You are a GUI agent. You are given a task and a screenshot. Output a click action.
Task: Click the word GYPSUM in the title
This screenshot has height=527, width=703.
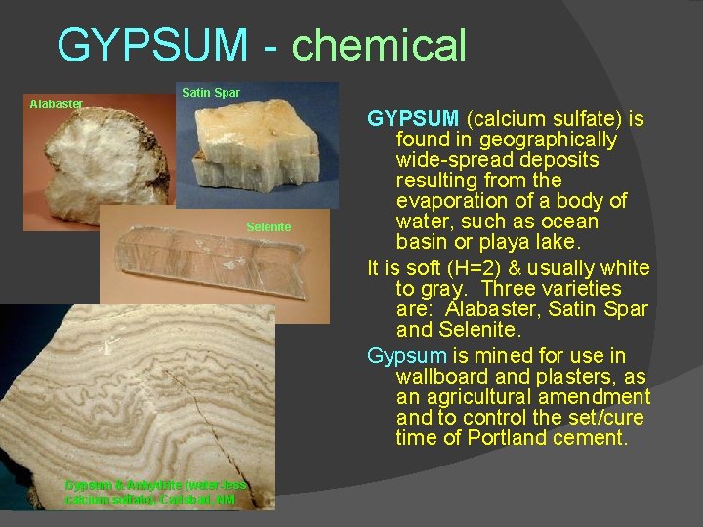pos(153,46)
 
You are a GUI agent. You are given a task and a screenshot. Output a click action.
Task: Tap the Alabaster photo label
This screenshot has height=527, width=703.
pos(57,102)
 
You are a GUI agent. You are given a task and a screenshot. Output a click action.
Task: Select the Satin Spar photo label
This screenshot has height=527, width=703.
pos(211,93)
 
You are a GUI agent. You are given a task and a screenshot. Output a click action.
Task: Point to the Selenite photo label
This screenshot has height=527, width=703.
pos(269,227)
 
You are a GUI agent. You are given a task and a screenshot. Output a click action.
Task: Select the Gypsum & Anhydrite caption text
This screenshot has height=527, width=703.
pos(156,491)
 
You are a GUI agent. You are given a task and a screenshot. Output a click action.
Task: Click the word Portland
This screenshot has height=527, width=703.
pos(514,438)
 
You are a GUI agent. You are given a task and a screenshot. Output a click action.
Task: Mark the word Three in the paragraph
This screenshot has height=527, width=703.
pos(512,289)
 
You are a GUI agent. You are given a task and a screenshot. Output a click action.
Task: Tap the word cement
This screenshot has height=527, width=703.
pos(592,438)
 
